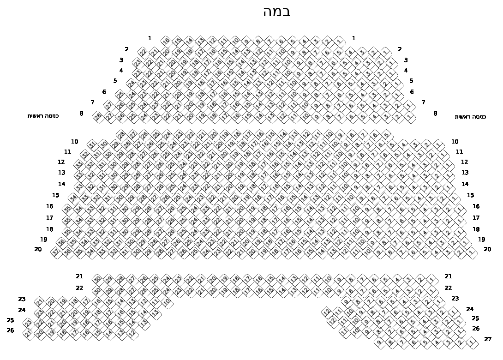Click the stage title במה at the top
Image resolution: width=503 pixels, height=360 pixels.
(x=277, y=12)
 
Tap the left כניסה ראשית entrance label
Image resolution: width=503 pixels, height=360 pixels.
(x=43, y=116)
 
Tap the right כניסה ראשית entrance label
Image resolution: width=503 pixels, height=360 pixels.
(x=470, y=117)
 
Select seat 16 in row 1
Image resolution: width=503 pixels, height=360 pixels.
(x=166, y=41)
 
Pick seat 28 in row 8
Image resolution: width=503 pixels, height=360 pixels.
(x=98, y=117)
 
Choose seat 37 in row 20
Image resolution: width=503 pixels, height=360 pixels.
(x=56, y=252)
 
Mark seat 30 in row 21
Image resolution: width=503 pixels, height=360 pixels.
(x=97, y=279)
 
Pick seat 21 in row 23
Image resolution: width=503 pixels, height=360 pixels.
(x=40, y=302)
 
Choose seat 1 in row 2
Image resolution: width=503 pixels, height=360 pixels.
(x=386, y=52)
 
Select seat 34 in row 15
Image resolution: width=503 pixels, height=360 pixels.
(x=73, y=198)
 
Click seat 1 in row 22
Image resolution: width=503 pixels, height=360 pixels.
(x=432, y=291)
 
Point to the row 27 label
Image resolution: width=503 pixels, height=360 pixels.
(x=488, y=339)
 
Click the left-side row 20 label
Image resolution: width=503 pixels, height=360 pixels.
(x=38, y=249)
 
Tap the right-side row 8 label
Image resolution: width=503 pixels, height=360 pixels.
(x=435, y=114)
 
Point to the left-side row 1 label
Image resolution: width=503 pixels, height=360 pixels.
(x=150, y=38)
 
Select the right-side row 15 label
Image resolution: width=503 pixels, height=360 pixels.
(x=470, y=195)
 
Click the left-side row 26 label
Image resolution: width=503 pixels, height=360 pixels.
(x=10, y=330)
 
